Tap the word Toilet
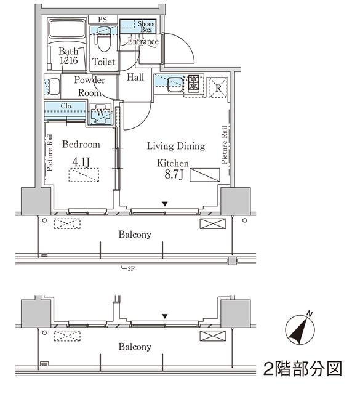(x=103, y=62)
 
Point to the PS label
(x=102, y=20)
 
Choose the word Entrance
(x=143, y=42)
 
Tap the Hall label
(x=135, y=78)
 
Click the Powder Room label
(x=90, y=86)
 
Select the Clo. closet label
(x=67, y=106)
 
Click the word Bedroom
(x=81, y=145)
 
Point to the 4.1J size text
(x=81, y=162)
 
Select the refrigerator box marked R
(x=218, y=87)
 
